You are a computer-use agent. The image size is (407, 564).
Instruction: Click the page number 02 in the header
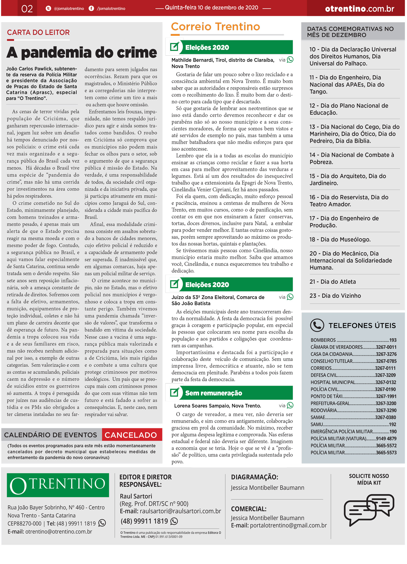coord(27,9)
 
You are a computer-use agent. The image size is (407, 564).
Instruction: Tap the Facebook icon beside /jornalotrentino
coord(91,8)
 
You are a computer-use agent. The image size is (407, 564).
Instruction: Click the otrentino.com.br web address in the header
coord(359,9)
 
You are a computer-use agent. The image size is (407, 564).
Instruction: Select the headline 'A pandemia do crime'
coord(82,52)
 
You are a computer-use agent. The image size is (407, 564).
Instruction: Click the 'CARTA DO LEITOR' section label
coord(38,33)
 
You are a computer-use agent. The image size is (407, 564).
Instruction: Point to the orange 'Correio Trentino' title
coord(215,27)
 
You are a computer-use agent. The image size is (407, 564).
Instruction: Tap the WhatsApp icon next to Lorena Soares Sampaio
coord(290,405)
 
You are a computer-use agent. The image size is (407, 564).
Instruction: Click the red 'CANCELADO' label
coord(131,435)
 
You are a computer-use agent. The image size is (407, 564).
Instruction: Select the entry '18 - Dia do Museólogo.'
coord(340,239)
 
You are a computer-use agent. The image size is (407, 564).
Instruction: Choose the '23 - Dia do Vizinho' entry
coord(335,296)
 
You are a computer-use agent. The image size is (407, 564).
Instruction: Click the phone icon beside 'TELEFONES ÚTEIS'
coord(317,325)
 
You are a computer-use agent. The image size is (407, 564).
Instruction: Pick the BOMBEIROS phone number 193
coord(393,340)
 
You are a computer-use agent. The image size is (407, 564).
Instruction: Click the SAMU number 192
coord(392,424)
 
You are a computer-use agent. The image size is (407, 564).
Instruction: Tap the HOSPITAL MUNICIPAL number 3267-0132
coord(386,382)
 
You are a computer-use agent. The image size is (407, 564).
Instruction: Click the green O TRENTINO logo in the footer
coord(58,485)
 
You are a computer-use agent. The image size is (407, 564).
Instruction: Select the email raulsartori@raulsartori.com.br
coord(180,511)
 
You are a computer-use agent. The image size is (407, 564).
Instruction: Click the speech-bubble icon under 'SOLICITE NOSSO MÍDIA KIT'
coord(369,509)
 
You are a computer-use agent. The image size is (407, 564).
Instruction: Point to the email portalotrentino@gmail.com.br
coord(288,525)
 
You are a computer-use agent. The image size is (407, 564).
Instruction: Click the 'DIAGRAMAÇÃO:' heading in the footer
coord(255,477)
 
